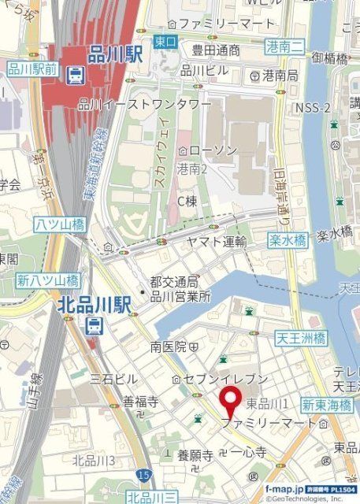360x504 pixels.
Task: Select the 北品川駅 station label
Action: [93, 305]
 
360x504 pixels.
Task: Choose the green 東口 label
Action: [164, 42]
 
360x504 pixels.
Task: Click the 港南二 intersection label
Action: [284, 46]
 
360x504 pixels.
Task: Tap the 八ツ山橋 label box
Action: [59, 224]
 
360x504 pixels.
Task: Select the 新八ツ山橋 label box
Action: [48, 280]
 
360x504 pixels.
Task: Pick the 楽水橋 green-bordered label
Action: [286, 241]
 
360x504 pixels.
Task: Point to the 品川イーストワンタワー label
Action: [145, 103]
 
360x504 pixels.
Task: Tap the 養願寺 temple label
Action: [195, 454]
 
